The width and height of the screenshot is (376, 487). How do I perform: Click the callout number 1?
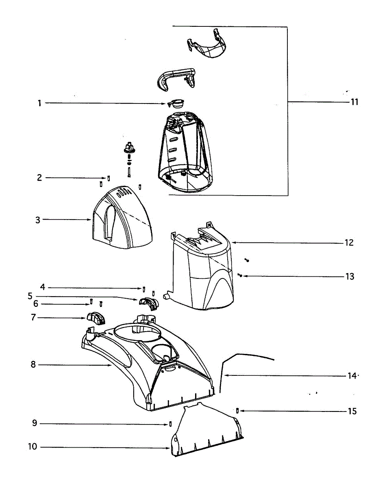(x=39, y=103)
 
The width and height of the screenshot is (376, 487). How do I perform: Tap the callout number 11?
(x=354, y=102)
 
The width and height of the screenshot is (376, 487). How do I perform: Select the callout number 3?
(x=38, y=220)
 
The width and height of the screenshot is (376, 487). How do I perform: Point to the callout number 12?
(x=349, y=243)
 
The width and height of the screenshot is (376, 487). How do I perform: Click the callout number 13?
(x=349, y=277)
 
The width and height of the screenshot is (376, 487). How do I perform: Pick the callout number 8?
(x=33, y=364)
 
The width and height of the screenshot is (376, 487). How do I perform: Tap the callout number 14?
(x=352, y=376)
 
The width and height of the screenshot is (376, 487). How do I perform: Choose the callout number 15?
(x=352, y=412)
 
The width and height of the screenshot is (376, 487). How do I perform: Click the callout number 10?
(x=33, y=447)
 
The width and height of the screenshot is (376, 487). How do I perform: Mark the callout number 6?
(x=36, y=304)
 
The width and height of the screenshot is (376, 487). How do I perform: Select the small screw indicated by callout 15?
(x=237, y=410)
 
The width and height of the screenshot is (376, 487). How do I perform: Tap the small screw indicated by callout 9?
(x=170, y=424)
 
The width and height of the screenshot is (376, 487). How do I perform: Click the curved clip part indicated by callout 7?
(x=96, y=319)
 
